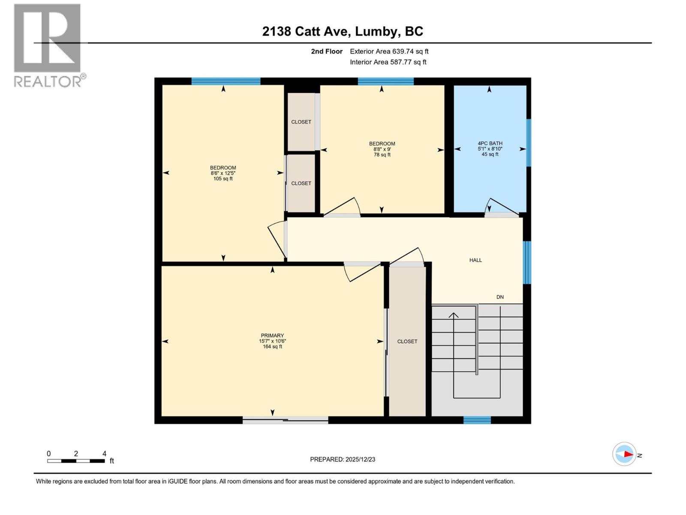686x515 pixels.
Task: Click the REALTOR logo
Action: [x=48, y=45]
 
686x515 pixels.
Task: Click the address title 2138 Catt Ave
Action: [x=343, y=31]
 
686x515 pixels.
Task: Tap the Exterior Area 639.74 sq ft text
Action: [x=389, y=51]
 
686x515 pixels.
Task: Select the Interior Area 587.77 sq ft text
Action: [x=388, y=62]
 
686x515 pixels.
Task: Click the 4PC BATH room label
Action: [x=490, y=144]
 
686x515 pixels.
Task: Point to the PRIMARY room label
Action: [x=272, y=336]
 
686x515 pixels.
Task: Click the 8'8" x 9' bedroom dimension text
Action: [x=382, y=149]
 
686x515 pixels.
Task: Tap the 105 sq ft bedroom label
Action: [x=223, y=179]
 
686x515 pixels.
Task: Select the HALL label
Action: [x=475, y=260]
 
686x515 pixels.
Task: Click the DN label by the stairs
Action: [x=500, y=297]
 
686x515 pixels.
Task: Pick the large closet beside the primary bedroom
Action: [x=407, y=342]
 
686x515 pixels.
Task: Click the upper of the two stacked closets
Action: [x=301, y=122]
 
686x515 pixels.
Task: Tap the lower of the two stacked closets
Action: [x=301, y=183]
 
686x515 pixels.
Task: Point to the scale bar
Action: [x=76, y=461]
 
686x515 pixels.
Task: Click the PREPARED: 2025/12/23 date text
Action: [x=343, y=459]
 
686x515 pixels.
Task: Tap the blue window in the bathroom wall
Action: [x=529, y=142]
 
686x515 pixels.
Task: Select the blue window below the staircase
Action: [x=477, y=420]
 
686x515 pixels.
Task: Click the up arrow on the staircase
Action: [x=454, y=315]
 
